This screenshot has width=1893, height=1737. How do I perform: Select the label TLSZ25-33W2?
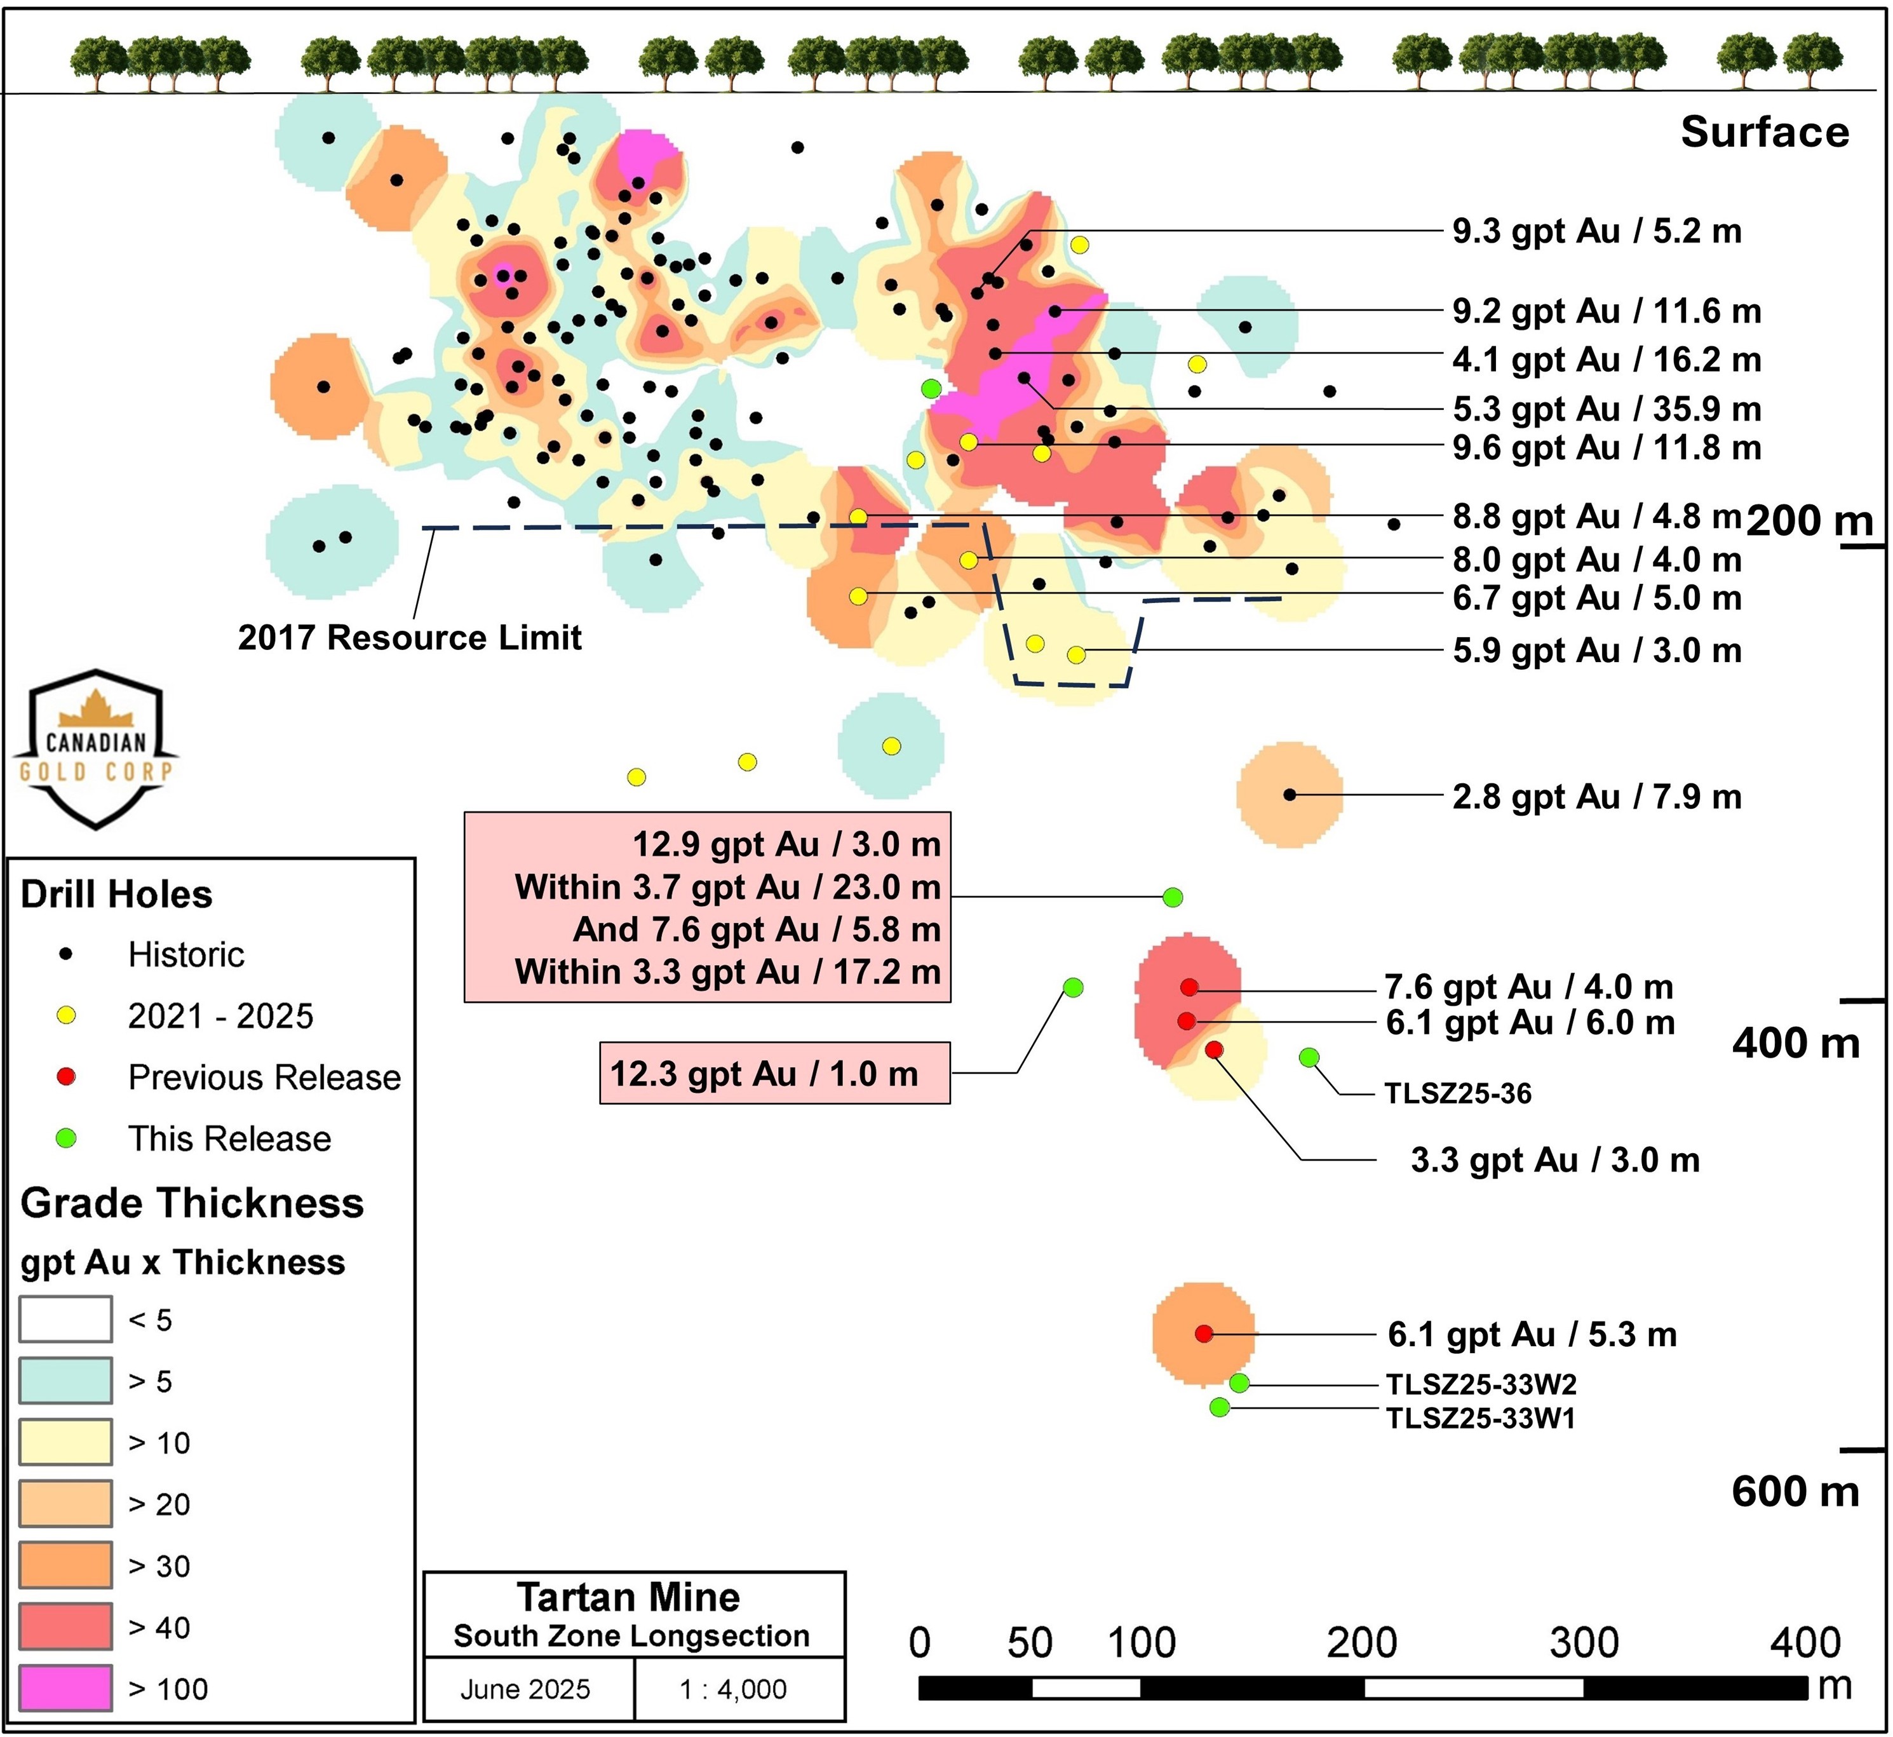point(1481,1384)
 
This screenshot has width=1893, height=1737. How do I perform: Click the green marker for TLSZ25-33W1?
point(1219,1407)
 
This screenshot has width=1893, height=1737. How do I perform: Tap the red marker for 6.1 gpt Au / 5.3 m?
point(1204,1333)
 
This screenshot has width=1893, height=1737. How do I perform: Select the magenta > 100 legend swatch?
point(66,1688)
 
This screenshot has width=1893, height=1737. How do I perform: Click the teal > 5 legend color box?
point(66,1381)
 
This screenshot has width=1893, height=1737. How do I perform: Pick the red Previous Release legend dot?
point(66,1076)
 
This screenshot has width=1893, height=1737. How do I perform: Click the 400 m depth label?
point(1795,1043)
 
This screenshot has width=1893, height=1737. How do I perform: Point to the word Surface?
point(1764,133)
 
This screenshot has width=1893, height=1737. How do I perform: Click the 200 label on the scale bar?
point(1361,1643)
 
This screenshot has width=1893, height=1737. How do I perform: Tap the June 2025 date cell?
point(525,1689)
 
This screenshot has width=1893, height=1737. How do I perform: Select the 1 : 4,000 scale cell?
point(733,1689)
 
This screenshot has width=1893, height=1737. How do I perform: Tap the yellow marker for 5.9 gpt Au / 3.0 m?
point(1076,654)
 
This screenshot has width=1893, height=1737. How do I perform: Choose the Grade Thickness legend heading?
point(192,1203)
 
